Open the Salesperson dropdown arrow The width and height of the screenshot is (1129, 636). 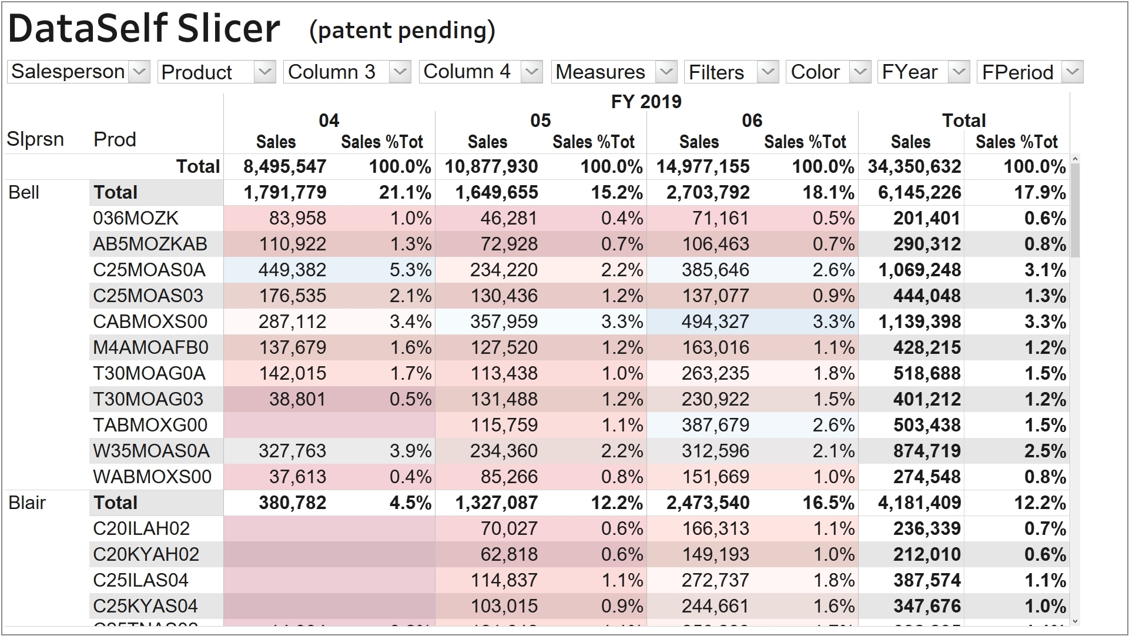[139, 72]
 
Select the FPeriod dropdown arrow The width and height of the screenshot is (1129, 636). [1073, 72]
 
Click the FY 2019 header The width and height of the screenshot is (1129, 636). [646, 102]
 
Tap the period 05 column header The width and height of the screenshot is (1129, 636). [540, 120]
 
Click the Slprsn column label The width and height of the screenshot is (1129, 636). [35, 139]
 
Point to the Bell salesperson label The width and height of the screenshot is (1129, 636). [24, 192]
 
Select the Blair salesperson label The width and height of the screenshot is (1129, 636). [27, 503]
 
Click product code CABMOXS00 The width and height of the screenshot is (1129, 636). [150, 322]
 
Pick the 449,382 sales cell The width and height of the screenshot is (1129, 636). [292, 270]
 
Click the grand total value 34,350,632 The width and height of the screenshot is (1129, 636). [914, 166]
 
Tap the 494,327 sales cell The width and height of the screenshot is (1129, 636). [715, 322]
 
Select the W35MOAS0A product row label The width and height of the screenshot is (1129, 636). [151, 451]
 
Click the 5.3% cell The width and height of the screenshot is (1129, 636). [410, 270]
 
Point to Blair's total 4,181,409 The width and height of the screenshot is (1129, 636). [919, 503]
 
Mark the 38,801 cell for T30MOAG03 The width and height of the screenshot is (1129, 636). [297, 399]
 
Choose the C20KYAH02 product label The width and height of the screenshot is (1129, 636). [146, 554]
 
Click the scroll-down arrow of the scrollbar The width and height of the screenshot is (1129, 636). [1075, 621]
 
